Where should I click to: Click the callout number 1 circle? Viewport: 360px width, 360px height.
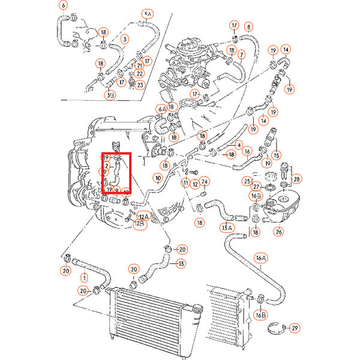click(x=84, y=278)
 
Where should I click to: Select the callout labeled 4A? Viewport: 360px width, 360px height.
click(x=148, y=14)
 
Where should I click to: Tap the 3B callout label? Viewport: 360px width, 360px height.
click(x=110, y=94)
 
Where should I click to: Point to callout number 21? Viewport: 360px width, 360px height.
click(x=139, y=65)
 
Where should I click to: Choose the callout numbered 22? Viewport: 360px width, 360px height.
click(x=139, y=74)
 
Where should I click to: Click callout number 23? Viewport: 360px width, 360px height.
click(x=140, y=85)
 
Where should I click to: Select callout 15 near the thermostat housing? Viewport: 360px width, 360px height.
click(x=277, y=155)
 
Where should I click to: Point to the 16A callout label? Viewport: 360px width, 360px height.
click(x=260, y=258)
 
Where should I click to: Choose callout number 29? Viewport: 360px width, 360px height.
click(x=294, y=328)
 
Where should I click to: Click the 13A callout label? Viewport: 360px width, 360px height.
click(x=226, y=227)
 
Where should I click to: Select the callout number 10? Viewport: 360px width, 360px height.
click(x=157, y=178)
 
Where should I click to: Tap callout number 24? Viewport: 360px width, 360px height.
click(x=204, y=182)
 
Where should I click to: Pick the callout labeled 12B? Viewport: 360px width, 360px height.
click(x=139, y=224)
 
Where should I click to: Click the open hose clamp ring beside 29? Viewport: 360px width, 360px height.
click(x=274, y=328)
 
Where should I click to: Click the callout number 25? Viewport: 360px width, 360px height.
click(x=247, y=181)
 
